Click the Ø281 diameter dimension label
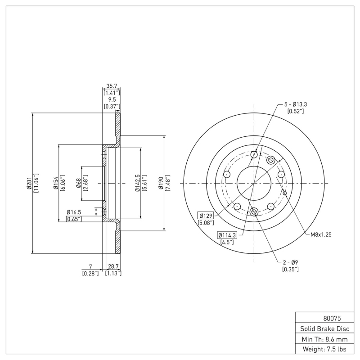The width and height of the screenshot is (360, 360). (28, 184)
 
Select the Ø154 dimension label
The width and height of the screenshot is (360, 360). (56, 184)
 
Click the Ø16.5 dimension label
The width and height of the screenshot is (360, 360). (73, 212)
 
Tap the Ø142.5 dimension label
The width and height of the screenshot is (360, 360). (137, 184)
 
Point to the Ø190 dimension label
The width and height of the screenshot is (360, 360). (161, 184)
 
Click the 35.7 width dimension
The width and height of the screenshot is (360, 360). (111, 85)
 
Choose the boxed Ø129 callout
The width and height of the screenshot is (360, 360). (206, 216)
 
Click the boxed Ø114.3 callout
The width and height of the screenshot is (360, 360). (227, 235)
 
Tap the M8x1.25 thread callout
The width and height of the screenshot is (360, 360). (321, 234)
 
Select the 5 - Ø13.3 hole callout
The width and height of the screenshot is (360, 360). (295, 104)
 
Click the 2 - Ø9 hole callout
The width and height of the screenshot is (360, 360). (290, 262)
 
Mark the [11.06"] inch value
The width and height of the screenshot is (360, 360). (36, 184)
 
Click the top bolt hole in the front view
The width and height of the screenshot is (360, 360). (254, 155)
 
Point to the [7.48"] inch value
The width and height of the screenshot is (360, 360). (168, 184)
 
